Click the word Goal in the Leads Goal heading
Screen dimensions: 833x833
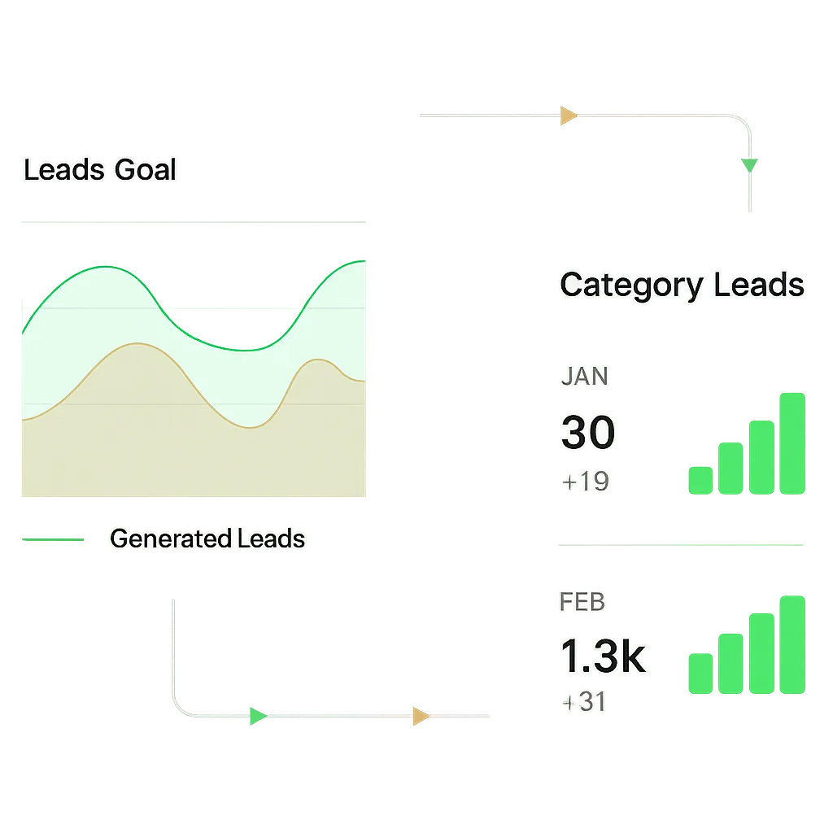[x=146, y=170]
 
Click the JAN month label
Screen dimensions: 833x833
[x=585, y=377]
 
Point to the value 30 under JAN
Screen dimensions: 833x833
[x=587, y=432]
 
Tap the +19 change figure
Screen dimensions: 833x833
[x=586, y=482]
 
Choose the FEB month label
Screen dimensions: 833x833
[x=582, y=602]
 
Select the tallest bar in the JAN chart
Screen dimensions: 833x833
[x=790, y=443]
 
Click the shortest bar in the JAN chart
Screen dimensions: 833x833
[x=699, y=478]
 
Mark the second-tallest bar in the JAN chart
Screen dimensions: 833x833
[x=761, y=456]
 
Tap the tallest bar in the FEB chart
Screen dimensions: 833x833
[x=790, y=644]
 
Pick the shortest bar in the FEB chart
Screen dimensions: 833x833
[x=699, y=674]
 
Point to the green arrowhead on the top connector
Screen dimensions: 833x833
[x=749, y=165]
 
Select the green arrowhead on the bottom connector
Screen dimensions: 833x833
[x=257, y=716]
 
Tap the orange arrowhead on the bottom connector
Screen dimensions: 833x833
[x=421, y=716]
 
